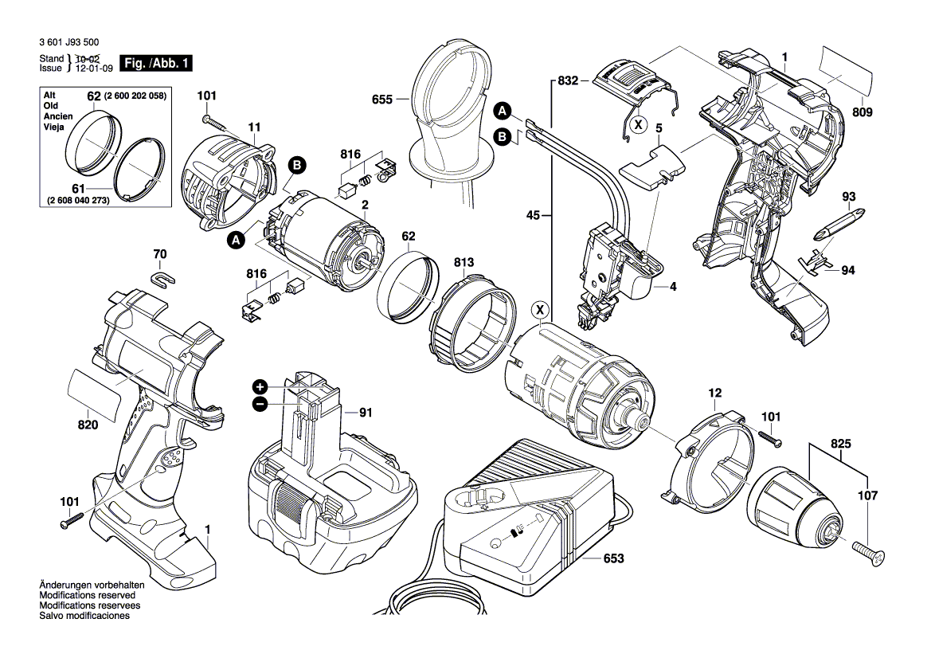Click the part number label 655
click(x=382, y=100)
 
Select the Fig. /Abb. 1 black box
click(x=155, y=63)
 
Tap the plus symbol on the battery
click(x=260, y=386)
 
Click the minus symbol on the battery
click(x=260, y=405)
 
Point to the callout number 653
click(x=612, y=559)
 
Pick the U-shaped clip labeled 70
click(x=162, y=279)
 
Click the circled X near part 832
click(x=637, y=124)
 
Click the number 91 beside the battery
click(x=366, y=412)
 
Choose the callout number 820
click(x=88, y=425)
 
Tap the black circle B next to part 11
click(x=296, y=166)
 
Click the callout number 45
click(x=534, y=214)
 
